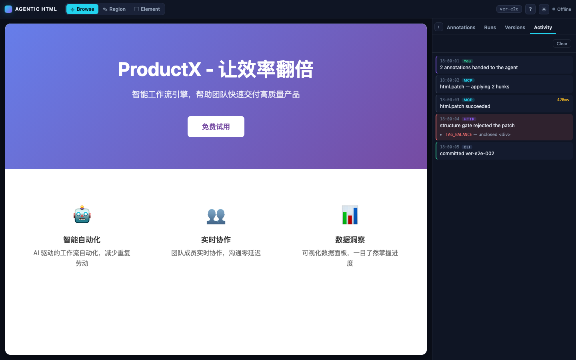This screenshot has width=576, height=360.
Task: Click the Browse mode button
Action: click(x=82, y=9)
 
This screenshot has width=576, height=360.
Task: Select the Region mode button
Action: click(x=114, y=9)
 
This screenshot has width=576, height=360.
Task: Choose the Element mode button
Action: click(x=147, y=9)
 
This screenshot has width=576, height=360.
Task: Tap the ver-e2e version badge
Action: click(x=509, y=9)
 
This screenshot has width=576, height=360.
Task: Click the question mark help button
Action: click(x=530, y=9)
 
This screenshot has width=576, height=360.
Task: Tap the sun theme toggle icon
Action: click(x=544, y=9)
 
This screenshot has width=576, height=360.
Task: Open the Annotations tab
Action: click(x=461, y=28)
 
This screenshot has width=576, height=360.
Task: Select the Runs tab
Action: click(x=490, y=28)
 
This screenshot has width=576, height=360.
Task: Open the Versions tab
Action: click(x=515, y=28)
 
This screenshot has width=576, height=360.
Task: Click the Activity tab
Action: click(x=543, y=28)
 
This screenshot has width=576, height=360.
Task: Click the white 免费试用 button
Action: click(x=216, y=126)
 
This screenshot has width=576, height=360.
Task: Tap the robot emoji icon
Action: click(x=82, y=214)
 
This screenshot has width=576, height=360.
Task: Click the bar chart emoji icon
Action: click(x=350, y=215)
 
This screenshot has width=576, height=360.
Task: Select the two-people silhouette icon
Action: click(x=216, y=216)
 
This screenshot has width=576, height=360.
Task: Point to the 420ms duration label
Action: click(x=563, y=100)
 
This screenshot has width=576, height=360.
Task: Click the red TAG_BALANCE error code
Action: click(x=458, y=134)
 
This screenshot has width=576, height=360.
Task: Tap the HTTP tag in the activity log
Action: click(x=469, y=119)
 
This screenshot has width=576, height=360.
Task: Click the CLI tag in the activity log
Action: click(x=467, y=147)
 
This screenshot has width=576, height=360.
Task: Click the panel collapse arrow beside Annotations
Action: click(x=439, y=27)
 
